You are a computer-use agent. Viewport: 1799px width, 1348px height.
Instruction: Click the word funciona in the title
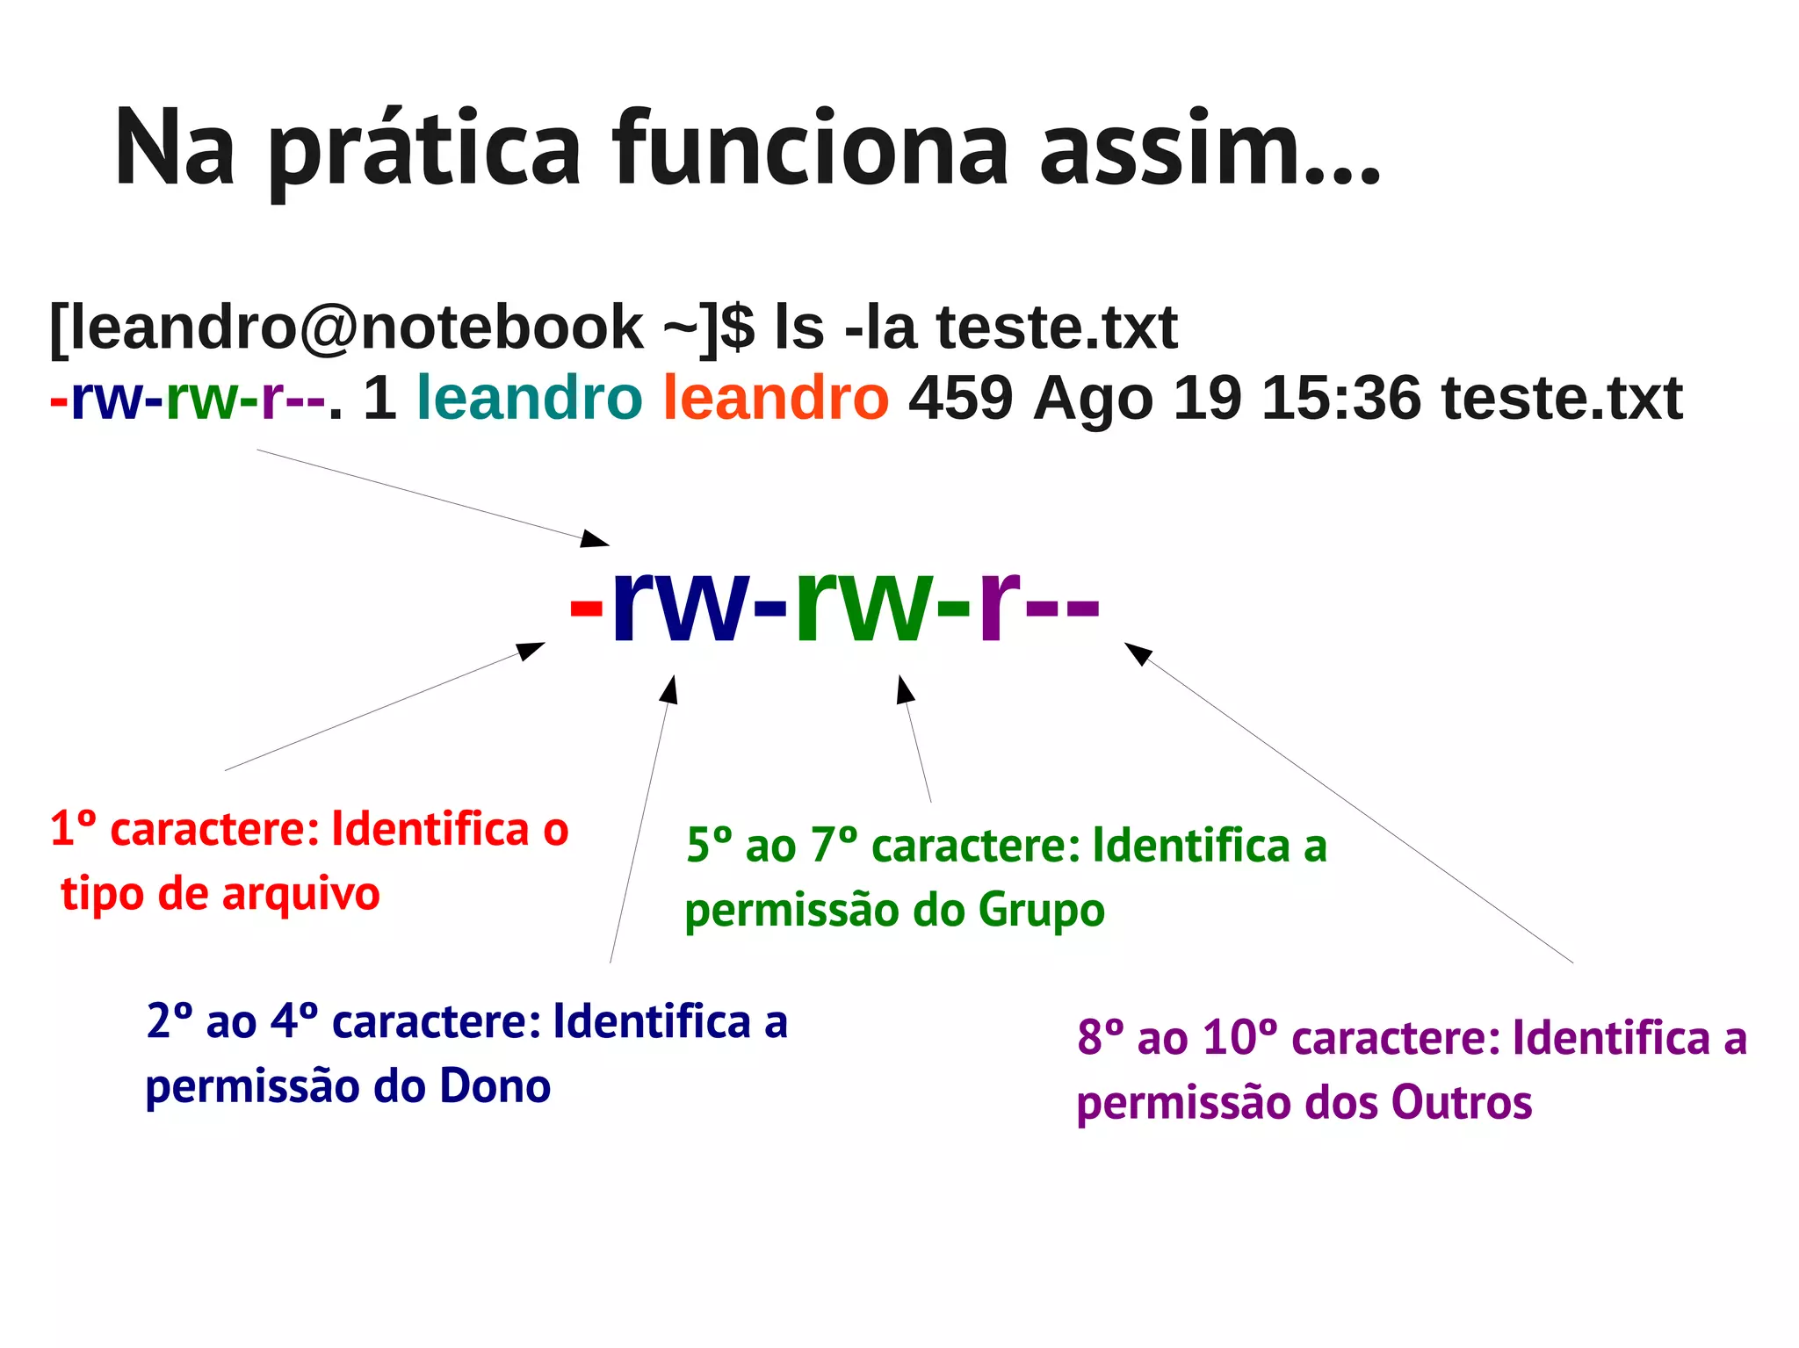tap(810, 149)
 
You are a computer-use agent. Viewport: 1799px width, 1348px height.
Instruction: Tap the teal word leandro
tap(529, 398)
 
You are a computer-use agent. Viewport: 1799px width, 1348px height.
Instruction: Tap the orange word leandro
tap(776, 398)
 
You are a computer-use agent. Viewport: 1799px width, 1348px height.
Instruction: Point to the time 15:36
tap(1340, 398)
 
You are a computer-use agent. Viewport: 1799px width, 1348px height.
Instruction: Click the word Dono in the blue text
tap(495, 1086)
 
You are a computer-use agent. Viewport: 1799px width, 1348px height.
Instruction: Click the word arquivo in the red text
tap(300, 895)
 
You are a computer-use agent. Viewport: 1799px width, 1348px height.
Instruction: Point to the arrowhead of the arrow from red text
tap(531, 650)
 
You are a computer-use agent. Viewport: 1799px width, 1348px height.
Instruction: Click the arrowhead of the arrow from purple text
tap(1137, 652)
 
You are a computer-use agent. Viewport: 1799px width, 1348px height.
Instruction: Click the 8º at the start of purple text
tap(1101, 1038)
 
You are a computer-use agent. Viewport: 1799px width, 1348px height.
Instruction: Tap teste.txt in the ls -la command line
tap(1057, 328)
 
